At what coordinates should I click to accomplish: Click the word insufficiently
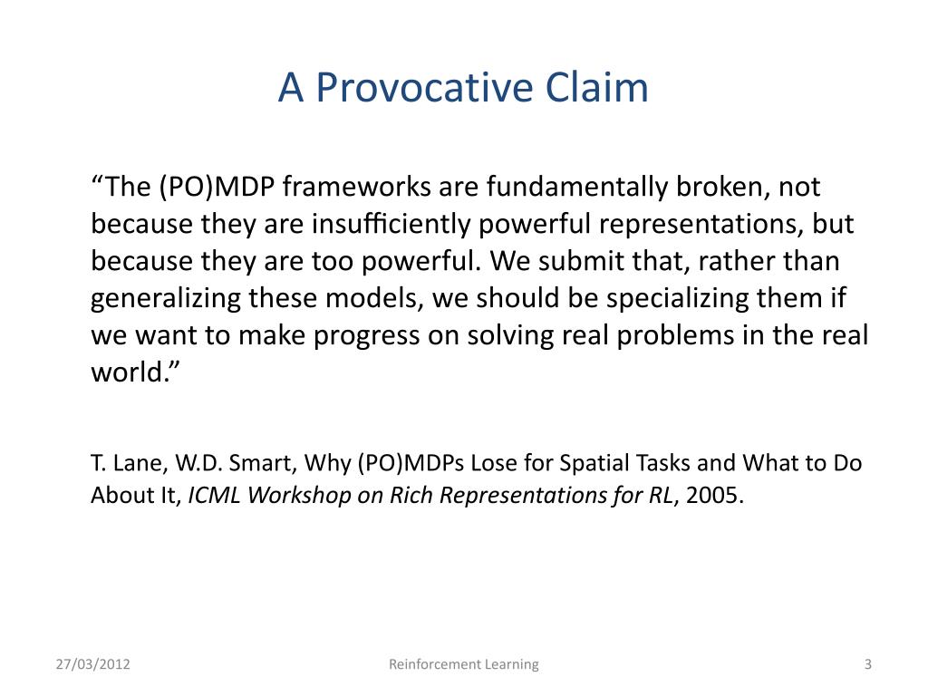[391, 225]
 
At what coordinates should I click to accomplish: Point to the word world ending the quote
[126, 372]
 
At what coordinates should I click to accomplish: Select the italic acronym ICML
[214, 496]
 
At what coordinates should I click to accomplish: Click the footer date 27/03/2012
[93, 664]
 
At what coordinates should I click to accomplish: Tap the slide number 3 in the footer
[867, 664]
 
